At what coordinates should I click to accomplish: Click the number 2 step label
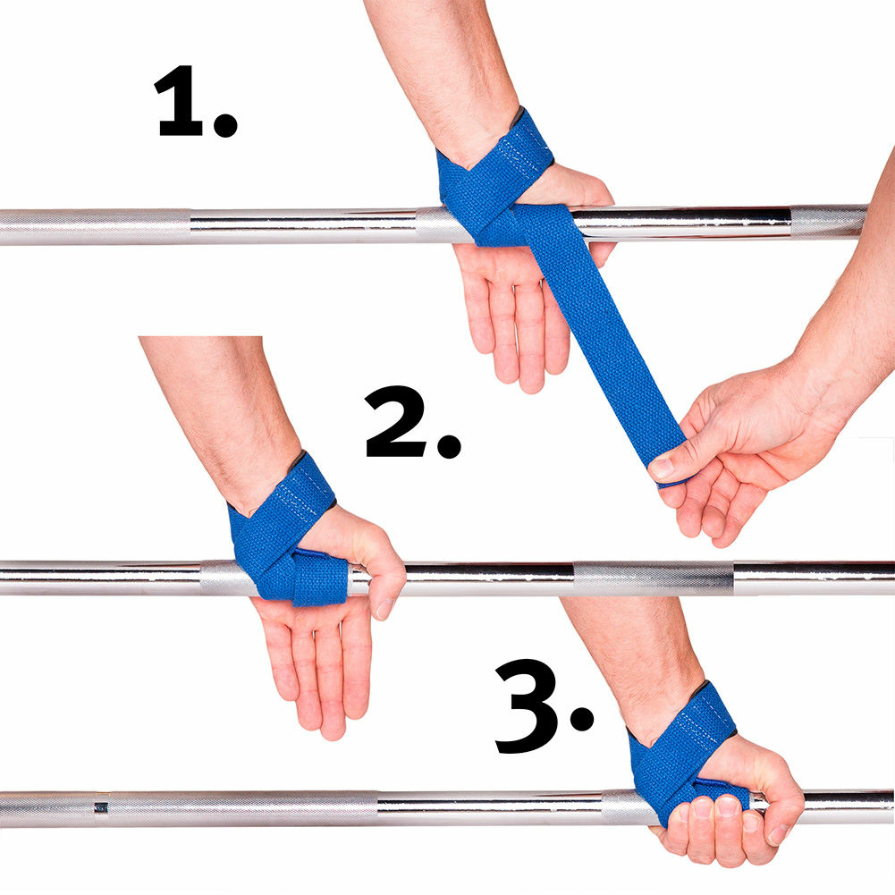click(395, 421)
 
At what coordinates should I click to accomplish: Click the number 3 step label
click(527, 706)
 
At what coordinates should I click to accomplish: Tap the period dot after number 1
click(225, 125)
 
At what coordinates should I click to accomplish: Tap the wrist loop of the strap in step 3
click(680, 742)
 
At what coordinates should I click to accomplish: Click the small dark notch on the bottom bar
click(101, 807)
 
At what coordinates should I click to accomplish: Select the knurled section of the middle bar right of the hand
click(653, 578)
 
